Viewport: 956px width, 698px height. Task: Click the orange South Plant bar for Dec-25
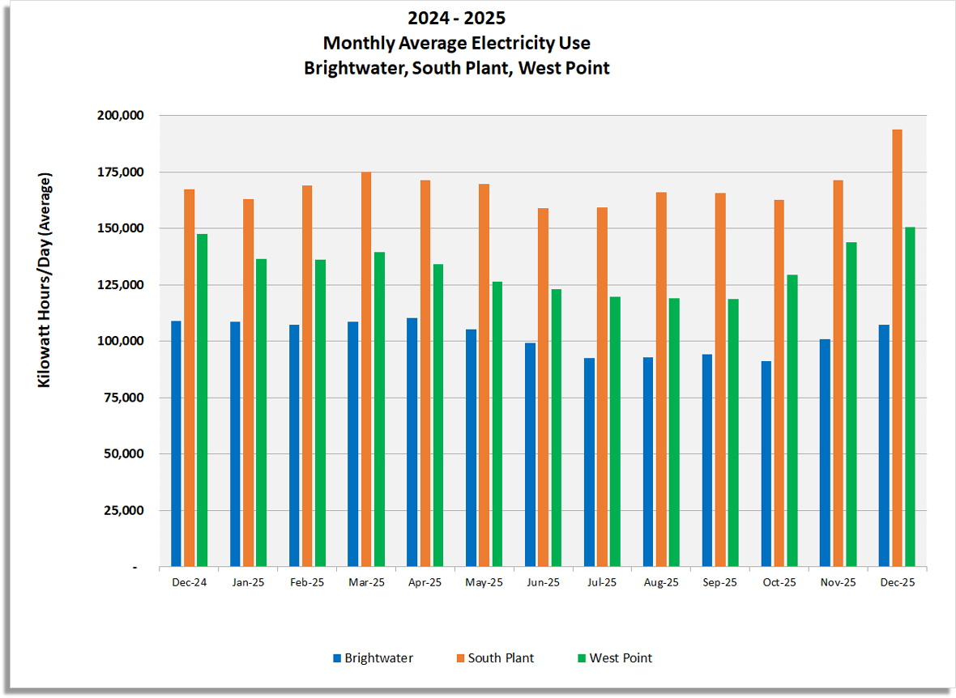point(897,348)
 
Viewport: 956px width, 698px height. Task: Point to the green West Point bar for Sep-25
point(732,432)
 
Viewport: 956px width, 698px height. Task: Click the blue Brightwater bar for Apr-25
point(412,442)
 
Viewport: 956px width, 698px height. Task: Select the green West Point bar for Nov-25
point(851,404)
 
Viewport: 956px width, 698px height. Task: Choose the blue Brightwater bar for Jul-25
point(589,462)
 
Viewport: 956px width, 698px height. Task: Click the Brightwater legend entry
point(372,658)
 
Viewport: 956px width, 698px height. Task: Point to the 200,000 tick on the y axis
point(120,116)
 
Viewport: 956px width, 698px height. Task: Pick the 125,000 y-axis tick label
point(120,285)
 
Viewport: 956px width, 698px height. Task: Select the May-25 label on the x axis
point(484,582)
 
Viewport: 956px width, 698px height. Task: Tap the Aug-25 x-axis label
point(661,582)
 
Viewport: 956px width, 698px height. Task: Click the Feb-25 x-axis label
point(307,582)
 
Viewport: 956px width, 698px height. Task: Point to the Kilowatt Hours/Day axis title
point(45,279)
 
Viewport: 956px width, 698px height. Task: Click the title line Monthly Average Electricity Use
point(456,43)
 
